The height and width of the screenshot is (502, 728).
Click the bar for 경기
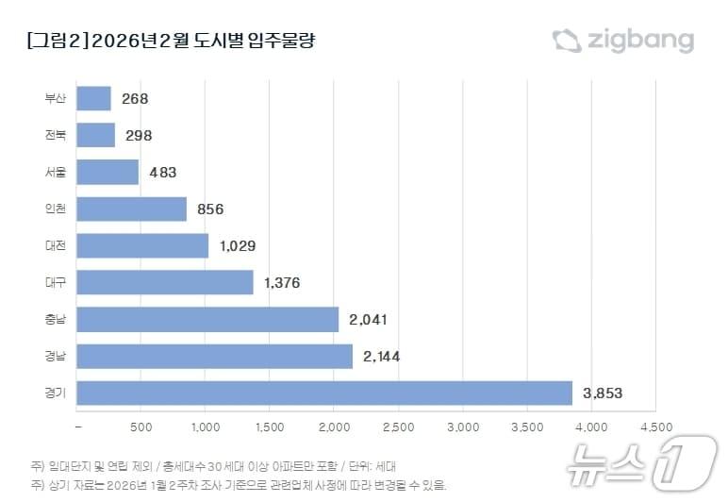[x=324, y=393]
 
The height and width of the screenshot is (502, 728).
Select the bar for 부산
[x=93, y=98]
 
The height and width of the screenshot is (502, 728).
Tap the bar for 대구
[x=165, y=282]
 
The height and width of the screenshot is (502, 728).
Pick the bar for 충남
[x=207, y=319]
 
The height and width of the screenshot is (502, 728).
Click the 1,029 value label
[x=238, y=245]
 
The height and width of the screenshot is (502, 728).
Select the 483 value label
[x=158, y=172]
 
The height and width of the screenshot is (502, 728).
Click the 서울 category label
[x=56, y=172]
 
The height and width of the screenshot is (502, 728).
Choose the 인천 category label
[x=56, y=209]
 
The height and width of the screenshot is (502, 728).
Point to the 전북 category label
[x=56, y=135]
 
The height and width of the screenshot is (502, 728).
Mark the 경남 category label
[x=56, y=357]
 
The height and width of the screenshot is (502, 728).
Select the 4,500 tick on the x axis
[x=655, y=427]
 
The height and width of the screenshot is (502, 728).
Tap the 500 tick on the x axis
[x=141, y=427]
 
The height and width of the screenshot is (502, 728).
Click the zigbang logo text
[x=640, y=41]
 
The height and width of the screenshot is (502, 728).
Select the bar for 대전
[x=142, y=245]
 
